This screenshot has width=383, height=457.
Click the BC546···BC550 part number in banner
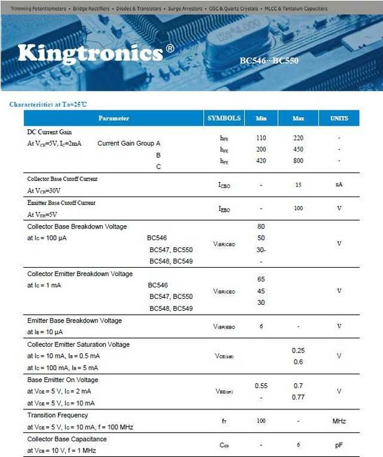click(x=269, y=61)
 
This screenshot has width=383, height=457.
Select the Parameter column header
click(x=114, y=118)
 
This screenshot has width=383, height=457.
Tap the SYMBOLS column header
click(x=224, y=118)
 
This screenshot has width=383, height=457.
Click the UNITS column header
click(x=339, y=119)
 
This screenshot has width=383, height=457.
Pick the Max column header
click(x=298, y=119)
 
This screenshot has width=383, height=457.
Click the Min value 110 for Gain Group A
click(x=261, y=138)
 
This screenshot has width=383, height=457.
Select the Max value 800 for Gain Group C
click(x=298, y=161)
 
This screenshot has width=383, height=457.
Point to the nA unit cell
click(x=339, y=185)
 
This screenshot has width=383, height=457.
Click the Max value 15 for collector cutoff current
click(x=298, y=185)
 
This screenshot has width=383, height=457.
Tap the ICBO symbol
click(x=224, y=185)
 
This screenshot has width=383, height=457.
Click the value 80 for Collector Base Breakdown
click(x=261, y=227)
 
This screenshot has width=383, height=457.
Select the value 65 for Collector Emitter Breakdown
click(x=261, y=279)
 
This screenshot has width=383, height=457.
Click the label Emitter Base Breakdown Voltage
click(x=74, y=321)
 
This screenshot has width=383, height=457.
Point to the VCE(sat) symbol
click(x=224, y=356)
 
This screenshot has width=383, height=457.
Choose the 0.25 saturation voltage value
click(x=298, y=351)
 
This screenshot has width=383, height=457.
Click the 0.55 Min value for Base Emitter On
click(x=261, y=386)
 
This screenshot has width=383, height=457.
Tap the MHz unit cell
click(x=339, y=421)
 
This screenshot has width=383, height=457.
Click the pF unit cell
click(x=339, y=445)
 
